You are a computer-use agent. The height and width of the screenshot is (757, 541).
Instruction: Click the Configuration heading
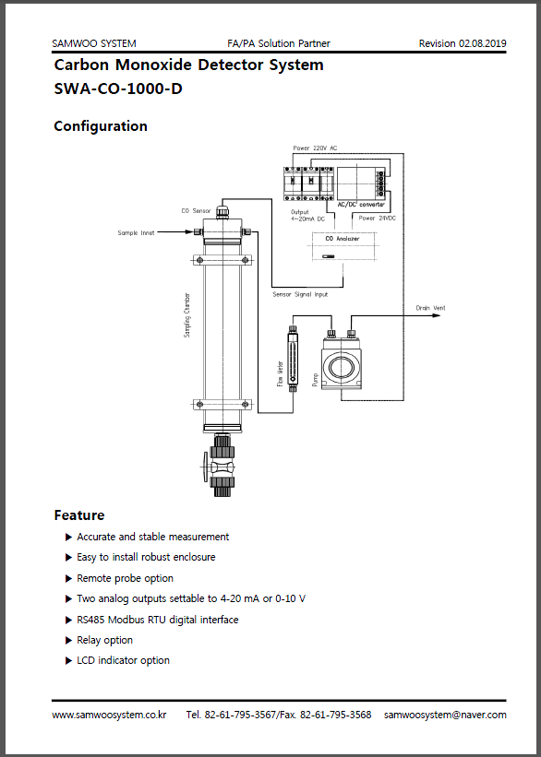(101, 126)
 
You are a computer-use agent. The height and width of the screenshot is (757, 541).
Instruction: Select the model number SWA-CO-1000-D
(118, 89)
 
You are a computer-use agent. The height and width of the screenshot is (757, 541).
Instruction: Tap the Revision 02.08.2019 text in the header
(463, 43)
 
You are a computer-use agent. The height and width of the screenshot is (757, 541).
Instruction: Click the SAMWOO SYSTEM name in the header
(94, 43)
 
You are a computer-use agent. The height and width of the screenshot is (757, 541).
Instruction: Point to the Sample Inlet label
(136, 232)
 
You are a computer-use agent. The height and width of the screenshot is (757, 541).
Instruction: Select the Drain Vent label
(431, 308)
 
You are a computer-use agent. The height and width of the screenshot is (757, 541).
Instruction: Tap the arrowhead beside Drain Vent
(437, 315)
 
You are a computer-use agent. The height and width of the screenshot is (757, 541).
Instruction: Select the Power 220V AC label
(315, 148)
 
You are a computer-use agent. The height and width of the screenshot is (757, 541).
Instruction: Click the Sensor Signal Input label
(300, 294)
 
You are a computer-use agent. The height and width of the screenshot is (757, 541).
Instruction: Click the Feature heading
(79, 515)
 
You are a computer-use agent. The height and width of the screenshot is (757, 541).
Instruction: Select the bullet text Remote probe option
(125, 578)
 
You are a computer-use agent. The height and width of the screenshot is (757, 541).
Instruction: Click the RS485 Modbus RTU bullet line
(158, 620)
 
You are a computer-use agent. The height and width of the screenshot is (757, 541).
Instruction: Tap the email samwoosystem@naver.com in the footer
(445, 715)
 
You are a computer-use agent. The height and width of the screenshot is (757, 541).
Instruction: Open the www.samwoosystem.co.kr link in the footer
(109, 715)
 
